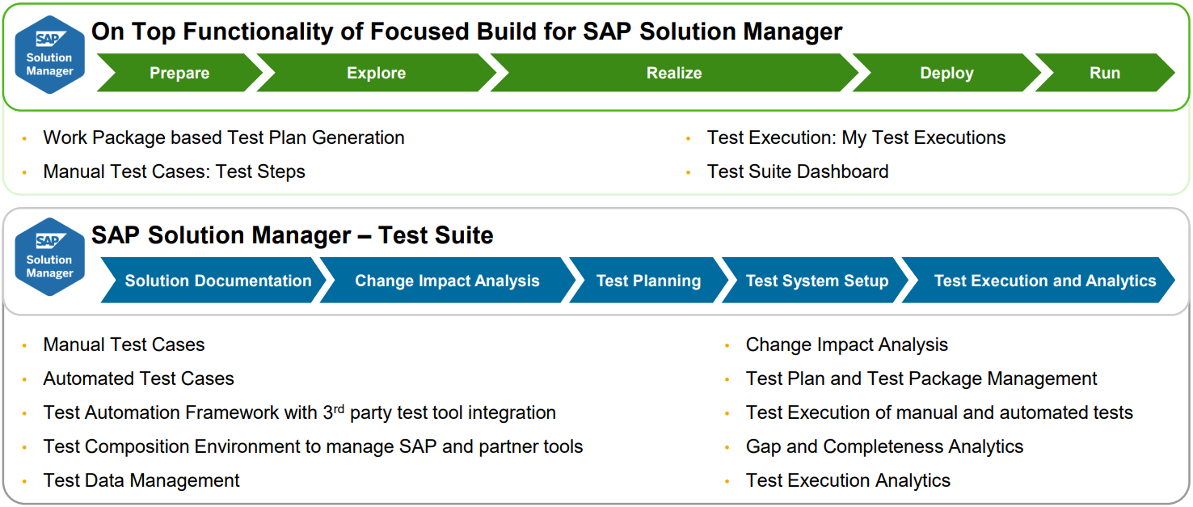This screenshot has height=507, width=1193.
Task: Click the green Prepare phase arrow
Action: click(179, 73)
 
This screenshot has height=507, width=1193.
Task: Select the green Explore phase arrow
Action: click(376, 73)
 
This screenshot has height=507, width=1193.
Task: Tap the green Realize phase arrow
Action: click(673, 73)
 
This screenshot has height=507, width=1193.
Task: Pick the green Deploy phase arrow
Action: click(946, 73)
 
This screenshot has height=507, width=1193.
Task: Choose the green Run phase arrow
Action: click(1104, 73)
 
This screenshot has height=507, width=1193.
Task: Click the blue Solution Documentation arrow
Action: click(217, 281)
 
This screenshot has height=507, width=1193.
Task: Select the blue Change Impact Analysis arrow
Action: click(447, 281)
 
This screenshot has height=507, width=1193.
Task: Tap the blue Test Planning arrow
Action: click(648, 281)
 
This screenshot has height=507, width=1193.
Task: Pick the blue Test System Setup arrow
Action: click(816, 281)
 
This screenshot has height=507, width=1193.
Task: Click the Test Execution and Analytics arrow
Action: click(1044, 281)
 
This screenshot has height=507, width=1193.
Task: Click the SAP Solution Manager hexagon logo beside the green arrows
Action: click(49, 54)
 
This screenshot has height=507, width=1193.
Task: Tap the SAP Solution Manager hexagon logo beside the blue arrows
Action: click(49, 256)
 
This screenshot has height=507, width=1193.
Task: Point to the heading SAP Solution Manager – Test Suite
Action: click(292, 235)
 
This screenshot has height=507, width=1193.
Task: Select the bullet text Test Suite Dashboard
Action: click(797, 171)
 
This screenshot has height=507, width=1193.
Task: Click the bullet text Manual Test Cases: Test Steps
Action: click(174, 171)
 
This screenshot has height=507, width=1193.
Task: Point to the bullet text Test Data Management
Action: click(141, 480)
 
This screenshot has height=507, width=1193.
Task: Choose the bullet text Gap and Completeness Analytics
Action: click(884, 446)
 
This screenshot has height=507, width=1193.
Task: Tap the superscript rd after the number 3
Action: click(339, 408)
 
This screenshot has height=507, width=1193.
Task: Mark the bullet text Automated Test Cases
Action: click(138, 378)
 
